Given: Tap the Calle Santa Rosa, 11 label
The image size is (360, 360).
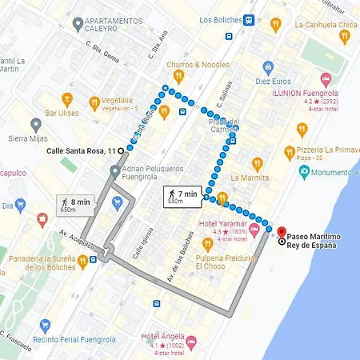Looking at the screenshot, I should (80, 150).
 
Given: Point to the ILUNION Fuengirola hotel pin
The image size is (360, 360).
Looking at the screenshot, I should (326, 79).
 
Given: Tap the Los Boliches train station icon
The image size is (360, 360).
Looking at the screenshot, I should (250, 20).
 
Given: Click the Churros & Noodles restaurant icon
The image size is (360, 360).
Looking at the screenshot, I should (179, 76).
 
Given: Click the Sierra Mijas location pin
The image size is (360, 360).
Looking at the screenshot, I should (36, 125).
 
